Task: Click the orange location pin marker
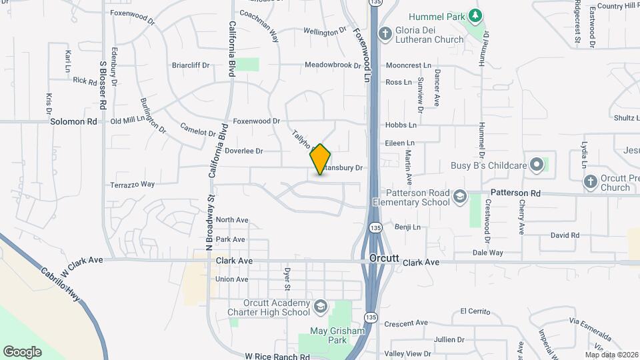click(x=321, y=159)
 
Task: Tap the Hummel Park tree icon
click(x=474, y=15)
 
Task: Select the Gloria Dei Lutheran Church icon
click(x=385, y=33)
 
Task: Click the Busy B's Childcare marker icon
click(x=537, y=165)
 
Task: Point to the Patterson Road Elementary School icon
click(x=459, y=196)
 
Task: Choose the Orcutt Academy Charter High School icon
click(x=321, y=306)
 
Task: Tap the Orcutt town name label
click(x=384, y=258)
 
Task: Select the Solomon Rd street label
click(x=73, y=121)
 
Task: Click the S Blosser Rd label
click(x=103, y=85)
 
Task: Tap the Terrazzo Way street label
click(x=132, y=184)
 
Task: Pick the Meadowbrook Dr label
click(x=333, y=65)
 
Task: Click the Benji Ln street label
click(x=408, y=227)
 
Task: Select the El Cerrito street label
click(x=475, y=311)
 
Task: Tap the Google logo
click(x=22, y=351)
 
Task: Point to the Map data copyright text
click(x=612, y=354)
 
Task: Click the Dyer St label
click(x=288, y=279)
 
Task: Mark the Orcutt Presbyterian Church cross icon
click(x=590, y=181)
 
